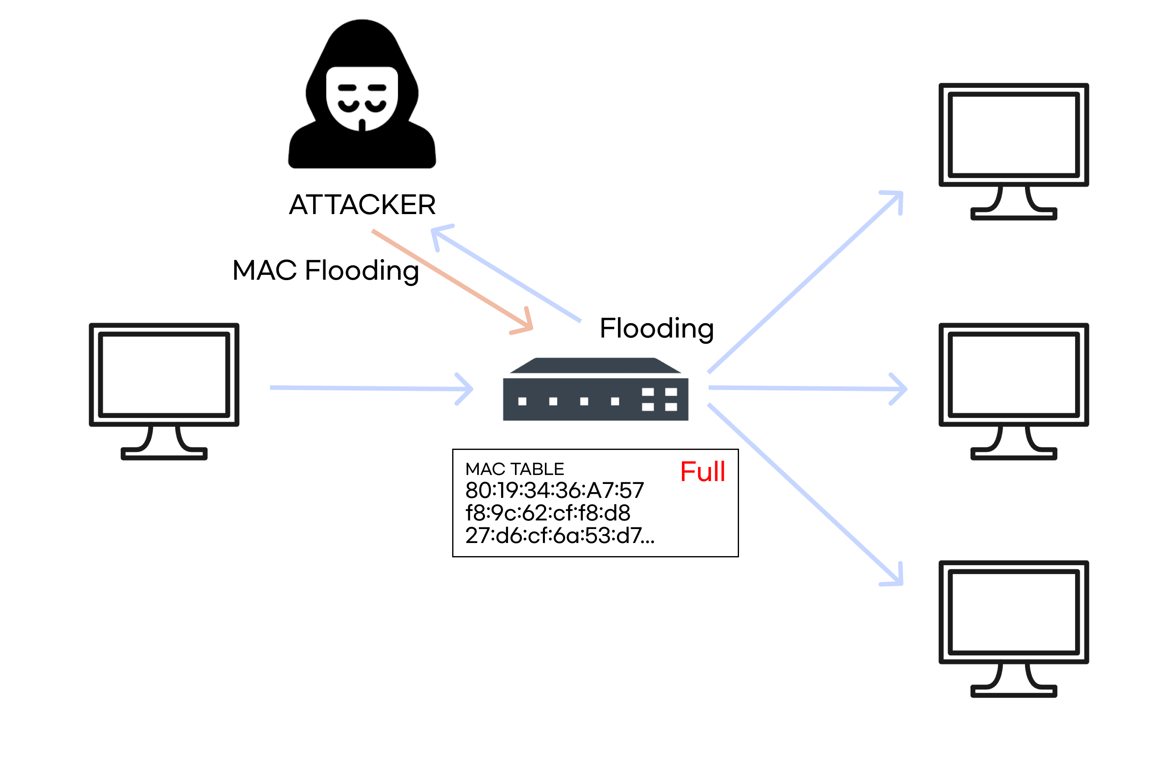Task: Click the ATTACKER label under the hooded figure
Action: point(362,204)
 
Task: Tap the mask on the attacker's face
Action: point(362,99)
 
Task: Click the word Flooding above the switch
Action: point(657,329)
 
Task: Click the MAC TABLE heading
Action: point(515,469)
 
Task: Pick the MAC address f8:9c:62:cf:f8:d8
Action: point(547,513)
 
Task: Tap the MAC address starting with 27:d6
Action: point(560,535)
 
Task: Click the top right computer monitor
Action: point(1014,152)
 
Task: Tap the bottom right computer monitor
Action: point(1014,629)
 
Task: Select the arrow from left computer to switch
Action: point(371,388)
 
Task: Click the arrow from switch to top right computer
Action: point(805,281)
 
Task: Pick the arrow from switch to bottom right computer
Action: point(805,495)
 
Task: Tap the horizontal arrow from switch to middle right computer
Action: point(808,388)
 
